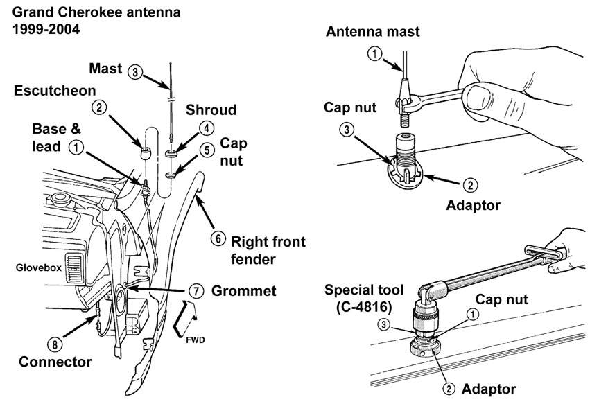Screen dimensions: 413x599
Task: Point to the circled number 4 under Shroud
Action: (x=207, y=128)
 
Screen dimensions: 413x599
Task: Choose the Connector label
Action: (x=55, y=362)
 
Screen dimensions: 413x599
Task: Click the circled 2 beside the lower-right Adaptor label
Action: (x=449, y=389)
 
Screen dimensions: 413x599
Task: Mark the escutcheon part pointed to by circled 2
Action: (x=144, y=152)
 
